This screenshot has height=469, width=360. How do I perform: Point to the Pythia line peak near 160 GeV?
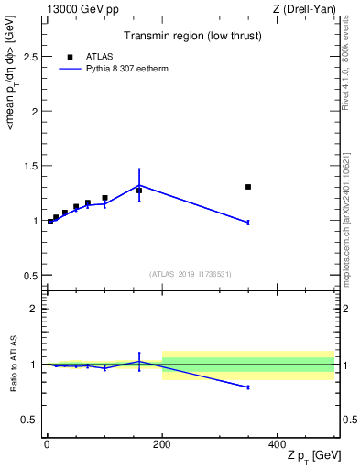(139, 185)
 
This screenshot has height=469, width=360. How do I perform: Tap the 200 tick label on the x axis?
(162, 443)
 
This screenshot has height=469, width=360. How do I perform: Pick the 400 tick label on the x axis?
(277, 443)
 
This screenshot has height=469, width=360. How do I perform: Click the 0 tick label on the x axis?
(47, 443)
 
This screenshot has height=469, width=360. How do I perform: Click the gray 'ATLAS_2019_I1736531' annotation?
(190, 274)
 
